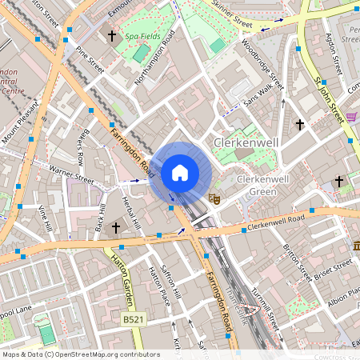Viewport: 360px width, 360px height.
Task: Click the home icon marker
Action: coord(180,172)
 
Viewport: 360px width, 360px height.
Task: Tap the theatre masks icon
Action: coord(214,196)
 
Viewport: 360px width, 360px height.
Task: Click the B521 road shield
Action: coord(133,319)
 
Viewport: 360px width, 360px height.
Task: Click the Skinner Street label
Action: coord(233,19)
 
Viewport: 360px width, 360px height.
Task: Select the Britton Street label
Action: coord(296,262)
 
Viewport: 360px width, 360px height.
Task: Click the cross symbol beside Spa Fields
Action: coord(112,36)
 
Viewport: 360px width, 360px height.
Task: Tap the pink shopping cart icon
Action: coord(351,117)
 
